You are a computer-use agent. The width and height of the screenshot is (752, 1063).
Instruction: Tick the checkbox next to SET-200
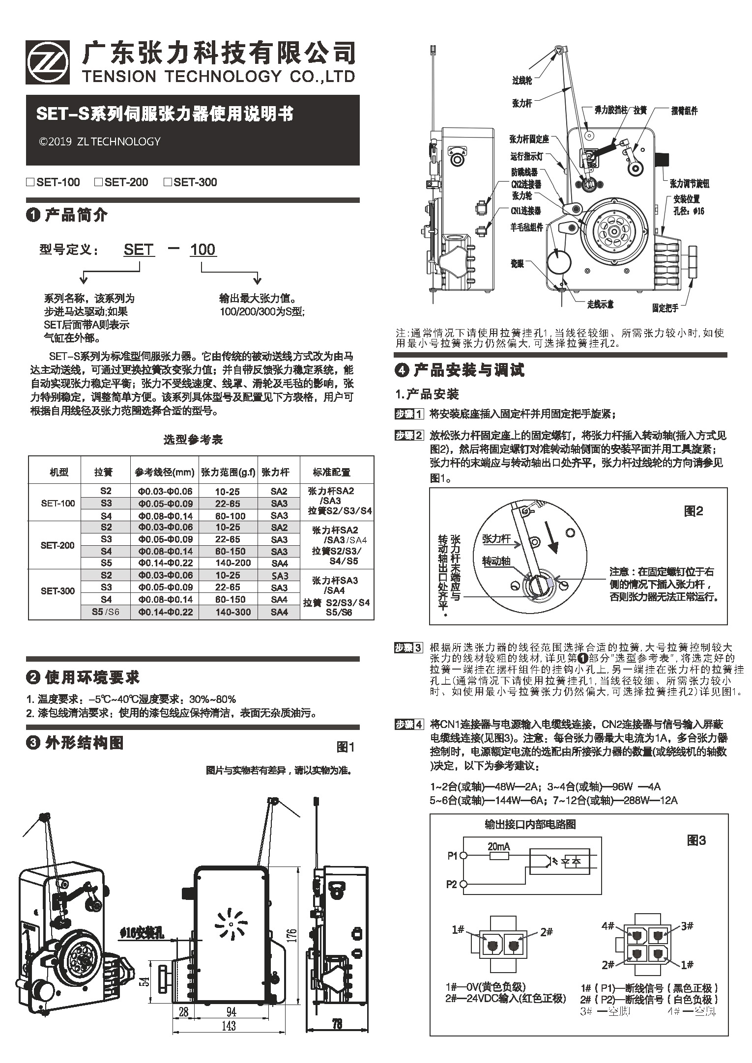tap(98, 182)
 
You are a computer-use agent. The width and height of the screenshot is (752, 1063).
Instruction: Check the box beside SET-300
tap(167, 182)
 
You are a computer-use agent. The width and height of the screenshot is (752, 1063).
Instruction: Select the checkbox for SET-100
tap(30, 182)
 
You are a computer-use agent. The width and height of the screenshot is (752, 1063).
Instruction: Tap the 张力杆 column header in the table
tap(275, 472)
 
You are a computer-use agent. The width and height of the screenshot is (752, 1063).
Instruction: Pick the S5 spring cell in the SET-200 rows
tap(106, 563)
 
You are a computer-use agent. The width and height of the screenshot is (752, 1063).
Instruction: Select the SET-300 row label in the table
tap(58, 591)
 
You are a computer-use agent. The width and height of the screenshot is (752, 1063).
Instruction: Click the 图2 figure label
tap(694, 511)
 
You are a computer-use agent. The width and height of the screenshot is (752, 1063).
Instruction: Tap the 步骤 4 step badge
tap(408, 725)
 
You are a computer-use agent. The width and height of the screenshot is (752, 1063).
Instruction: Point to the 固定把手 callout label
tap(665, 308)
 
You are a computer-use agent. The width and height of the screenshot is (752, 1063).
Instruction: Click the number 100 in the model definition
tap(202, 250)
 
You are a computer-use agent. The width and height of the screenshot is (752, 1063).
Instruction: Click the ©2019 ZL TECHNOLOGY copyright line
tap(100, 141)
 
